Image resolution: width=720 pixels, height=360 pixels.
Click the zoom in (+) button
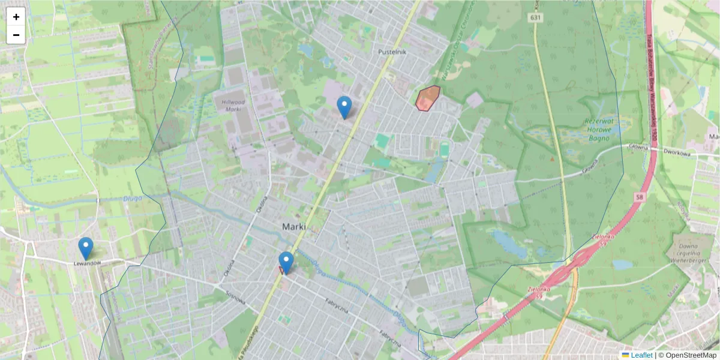[16, 17]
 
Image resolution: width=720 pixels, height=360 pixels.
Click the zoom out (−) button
[16, 35]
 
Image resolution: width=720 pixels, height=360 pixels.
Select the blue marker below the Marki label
[286, 263]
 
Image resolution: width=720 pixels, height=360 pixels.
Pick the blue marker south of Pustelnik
[344, 107]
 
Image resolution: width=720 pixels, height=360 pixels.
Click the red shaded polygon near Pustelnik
[427, 99]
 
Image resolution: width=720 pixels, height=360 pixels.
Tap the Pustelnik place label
[392, 52]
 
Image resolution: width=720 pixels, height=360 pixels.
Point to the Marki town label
[293, 227]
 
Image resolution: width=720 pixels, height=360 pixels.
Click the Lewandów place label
[86, 263]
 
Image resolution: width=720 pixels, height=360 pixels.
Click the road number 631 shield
[536, 18]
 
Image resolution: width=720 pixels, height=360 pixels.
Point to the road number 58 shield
[640, 196]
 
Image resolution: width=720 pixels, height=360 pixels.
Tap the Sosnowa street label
[236, 298]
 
